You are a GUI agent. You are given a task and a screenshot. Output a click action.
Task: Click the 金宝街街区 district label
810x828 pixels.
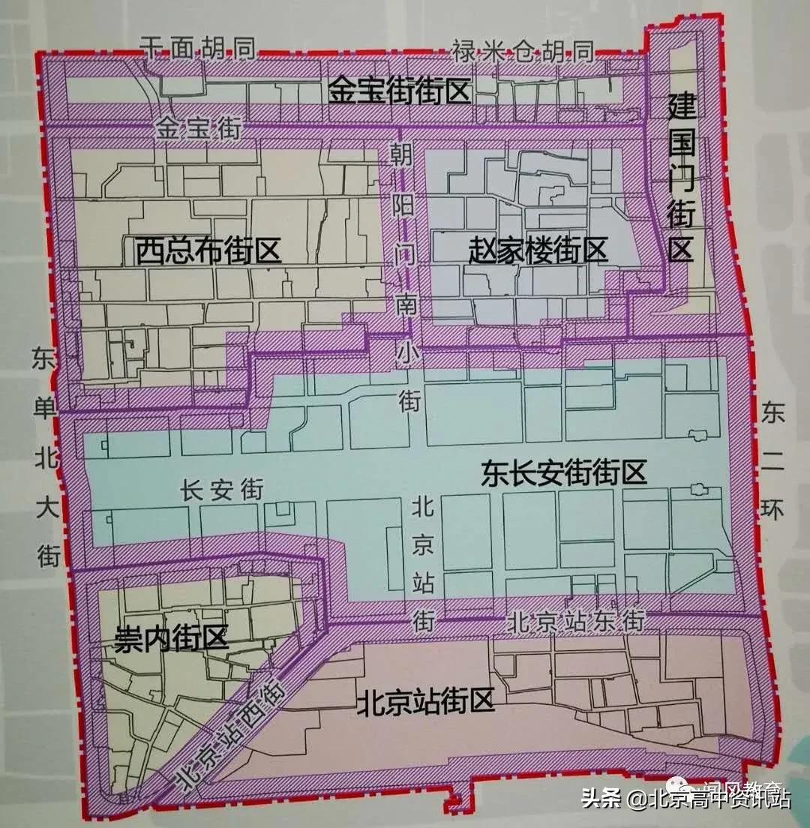pyautogui.click(x=399, y=92)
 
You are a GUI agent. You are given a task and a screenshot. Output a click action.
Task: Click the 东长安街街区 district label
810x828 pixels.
pyautogui.click(x=563, y=474)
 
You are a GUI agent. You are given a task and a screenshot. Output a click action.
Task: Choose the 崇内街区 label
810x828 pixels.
pyautogui.click(x=170, y=639)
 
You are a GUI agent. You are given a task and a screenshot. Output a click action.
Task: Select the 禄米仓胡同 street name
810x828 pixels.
pyautogui.click(x=523, y=51)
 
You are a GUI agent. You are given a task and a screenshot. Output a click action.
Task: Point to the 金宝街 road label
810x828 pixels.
pyautogui.click(x=199, y=128)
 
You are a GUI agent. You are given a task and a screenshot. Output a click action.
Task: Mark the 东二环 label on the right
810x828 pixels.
pyautogui.click(x=772, y=461)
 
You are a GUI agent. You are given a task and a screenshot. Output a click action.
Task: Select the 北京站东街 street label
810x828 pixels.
pyautogui.click(x=575, y=622)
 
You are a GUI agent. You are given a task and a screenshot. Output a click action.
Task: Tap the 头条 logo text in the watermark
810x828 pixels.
pyautogui.click(x=601, y=797)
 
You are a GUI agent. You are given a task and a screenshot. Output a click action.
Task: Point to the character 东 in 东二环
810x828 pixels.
pyautogui.click(x=772, y=413)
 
